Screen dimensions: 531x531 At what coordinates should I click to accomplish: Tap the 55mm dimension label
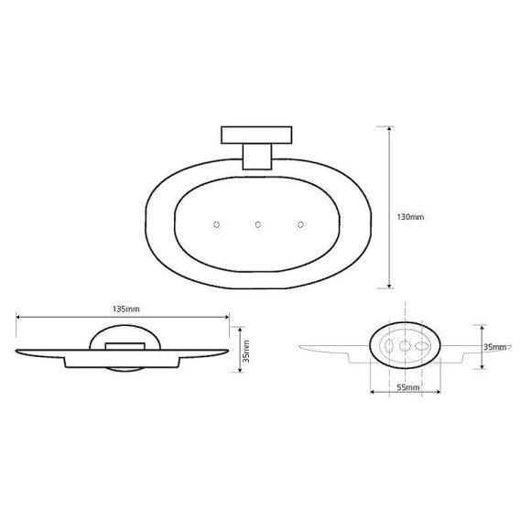[x=407, y=389]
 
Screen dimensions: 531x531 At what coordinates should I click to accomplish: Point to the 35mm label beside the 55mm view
[x=494, y=347]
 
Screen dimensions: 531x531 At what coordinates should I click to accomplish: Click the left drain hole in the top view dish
[x=216, y=224]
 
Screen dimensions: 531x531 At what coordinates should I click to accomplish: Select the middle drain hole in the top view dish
[x=258, y=224]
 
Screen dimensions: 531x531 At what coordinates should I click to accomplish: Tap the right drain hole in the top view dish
[x=300, y=224]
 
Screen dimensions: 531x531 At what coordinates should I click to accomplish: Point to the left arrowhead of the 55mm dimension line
[x=373, y=396]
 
